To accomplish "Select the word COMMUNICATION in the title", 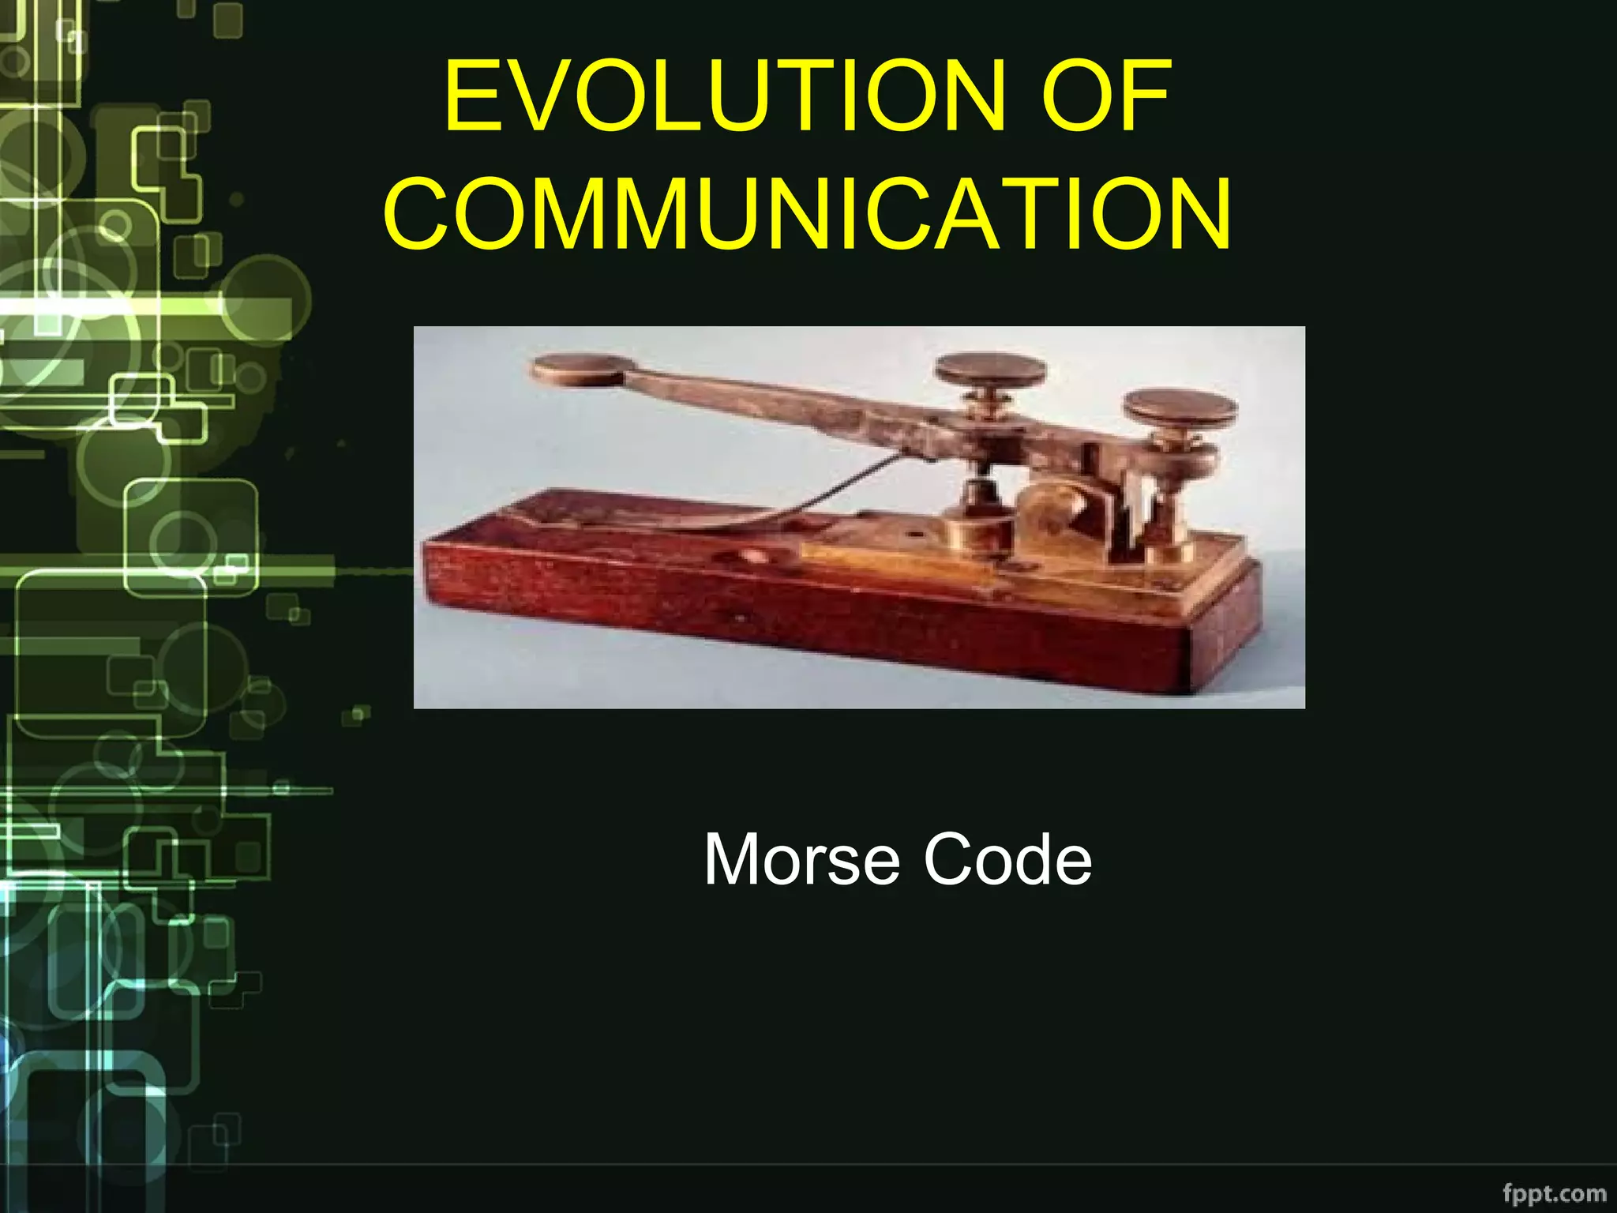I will [x=807, y=213].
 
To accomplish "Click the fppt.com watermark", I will [x=1554, y=1192].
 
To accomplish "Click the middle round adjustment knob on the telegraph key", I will [x=990, y=369].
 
